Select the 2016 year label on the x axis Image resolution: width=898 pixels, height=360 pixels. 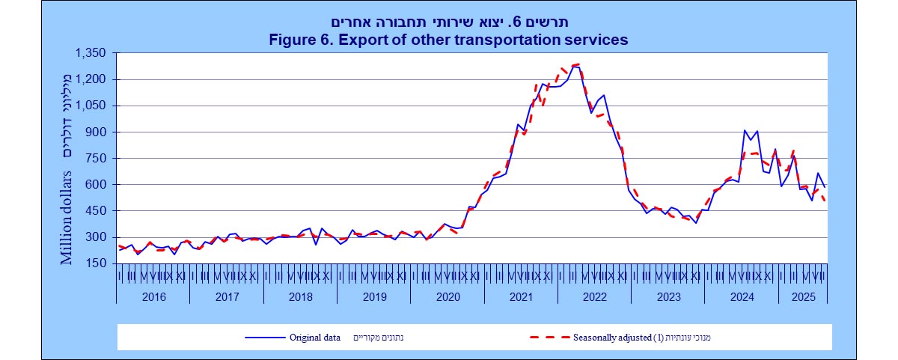coord(153,296)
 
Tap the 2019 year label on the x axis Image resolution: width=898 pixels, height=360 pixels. coord(373,296)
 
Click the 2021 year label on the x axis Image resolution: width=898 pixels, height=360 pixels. coord(521,296)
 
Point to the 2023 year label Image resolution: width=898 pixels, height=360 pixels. coord(668,296)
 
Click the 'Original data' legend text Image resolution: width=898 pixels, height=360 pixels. coord(314,337)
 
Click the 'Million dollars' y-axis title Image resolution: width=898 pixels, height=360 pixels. coord(67,218)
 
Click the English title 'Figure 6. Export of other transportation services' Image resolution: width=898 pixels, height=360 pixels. coord(448,39)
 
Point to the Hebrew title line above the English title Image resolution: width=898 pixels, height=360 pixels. coord(448,22)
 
